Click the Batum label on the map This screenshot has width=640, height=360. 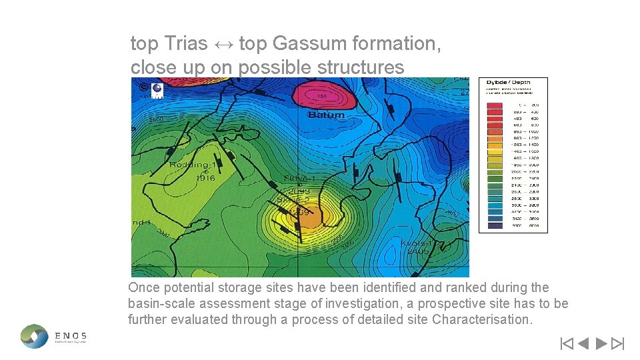click(327, 115)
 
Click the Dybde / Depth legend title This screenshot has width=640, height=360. click(513, 83)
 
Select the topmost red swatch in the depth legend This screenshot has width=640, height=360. click(494, 105)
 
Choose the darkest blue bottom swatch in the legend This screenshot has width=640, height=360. click(494, 225)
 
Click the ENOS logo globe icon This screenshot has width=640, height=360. click(35, 335)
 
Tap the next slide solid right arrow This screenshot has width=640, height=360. click(600, 344)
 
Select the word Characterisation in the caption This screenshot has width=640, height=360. click(481, 319)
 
